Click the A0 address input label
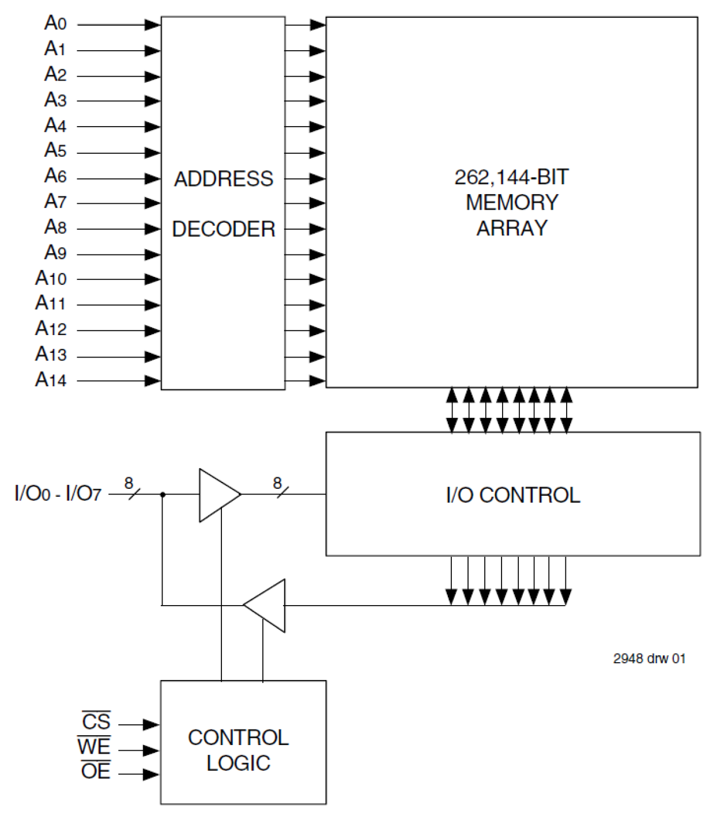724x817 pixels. tap(55, 24)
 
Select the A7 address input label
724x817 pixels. tap(55, 202)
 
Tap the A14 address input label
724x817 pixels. tap(51, 379)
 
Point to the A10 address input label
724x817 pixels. tap(51, 278)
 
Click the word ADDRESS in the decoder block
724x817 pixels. tap(224, 179)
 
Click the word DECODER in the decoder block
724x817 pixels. tap(224, 229)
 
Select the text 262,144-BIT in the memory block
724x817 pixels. tap(511, 177)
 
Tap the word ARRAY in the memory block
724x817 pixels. tap(511, 228)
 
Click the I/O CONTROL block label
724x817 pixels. tap(512, 495)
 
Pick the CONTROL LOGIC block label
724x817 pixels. tap(238, 750)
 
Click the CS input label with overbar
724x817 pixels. tap(96, 722)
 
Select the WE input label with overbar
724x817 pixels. tap(94, 747)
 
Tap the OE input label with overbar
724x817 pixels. tap(96, 771)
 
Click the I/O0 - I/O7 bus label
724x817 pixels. tap(58, 494)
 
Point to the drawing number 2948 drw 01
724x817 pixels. tap(649, 659)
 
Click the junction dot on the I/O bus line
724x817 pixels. tap(163, 494)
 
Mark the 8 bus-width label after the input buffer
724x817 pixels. tap(277, 482)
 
